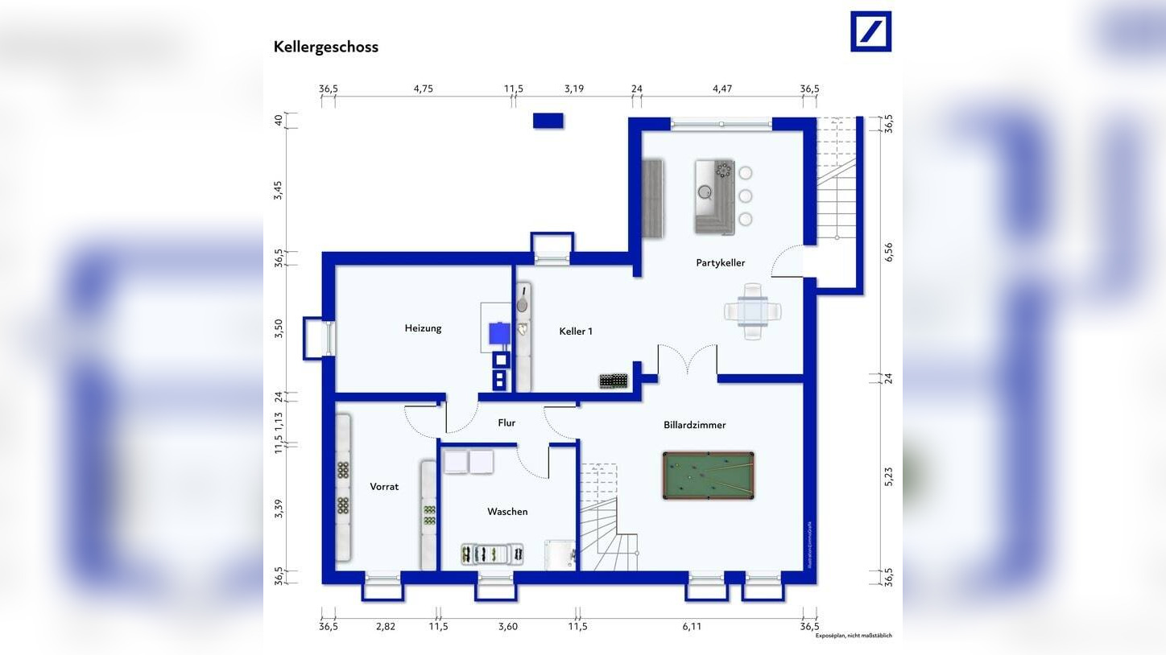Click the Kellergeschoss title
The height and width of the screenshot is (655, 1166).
tap(325, 47)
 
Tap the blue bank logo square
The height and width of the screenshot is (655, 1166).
tap(870, 31)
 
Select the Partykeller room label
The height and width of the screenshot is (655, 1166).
tap(720, 263)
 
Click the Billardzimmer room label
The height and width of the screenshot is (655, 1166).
tap(694, 425)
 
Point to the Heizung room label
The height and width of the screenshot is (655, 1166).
tap(423, 328)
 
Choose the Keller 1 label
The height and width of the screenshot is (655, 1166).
tap(576, 332)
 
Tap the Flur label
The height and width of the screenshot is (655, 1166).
tap(507, 423)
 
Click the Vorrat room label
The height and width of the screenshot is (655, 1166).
tap(384, 487)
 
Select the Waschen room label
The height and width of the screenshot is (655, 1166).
tap(507, 512)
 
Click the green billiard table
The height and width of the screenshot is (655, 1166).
tap(709, 475)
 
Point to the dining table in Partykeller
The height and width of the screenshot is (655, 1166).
tap(752, 311)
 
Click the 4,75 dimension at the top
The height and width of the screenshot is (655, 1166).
tap(423, 89)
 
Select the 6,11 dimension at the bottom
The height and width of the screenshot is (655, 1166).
tap(692, 627)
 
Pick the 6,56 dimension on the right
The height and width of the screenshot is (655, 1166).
tap(889, 252)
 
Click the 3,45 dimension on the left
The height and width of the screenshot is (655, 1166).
tap(279, 190)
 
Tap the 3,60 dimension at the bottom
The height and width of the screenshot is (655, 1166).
tap(507, 627)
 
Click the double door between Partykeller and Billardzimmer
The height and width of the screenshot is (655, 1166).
tap(688, 360)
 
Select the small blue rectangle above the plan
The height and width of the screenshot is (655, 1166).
tap(548, 121)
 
